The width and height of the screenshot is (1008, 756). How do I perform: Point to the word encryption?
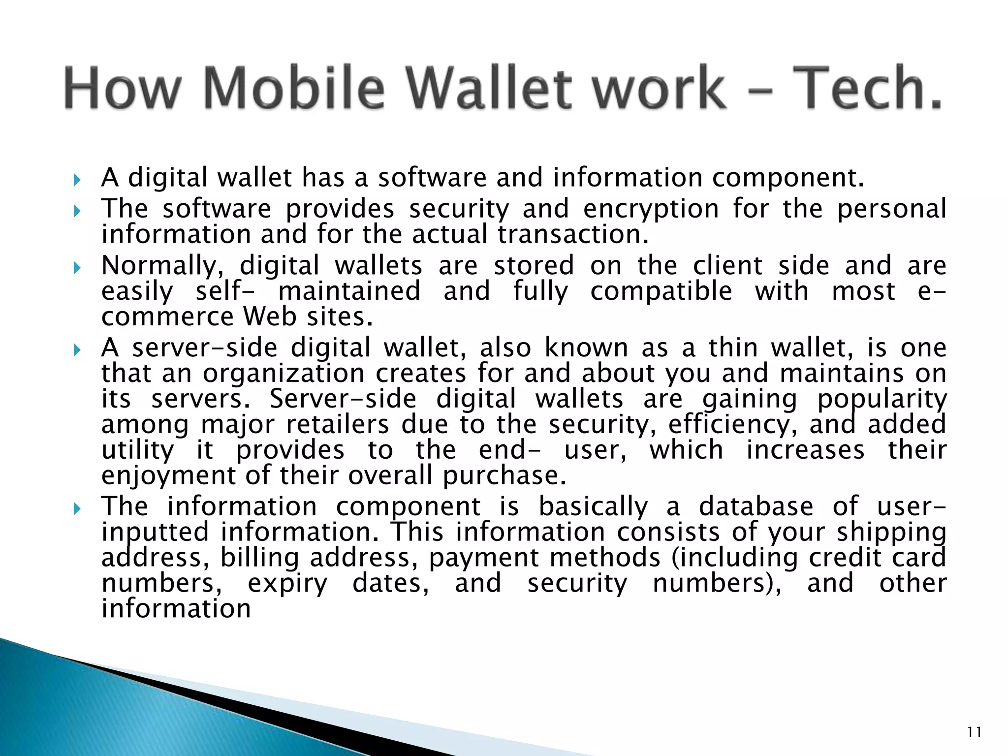(x=651, y=209)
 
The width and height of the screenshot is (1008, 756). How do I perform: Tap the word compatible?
(x=661, y=291)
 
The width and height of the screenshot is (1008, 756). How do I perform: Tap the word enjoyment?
(x=169, y=476)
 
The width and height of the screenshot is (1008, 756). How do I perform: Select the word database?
(x=756, y=507)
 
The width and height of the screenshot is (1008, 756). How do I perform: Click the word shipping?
(x=891, y=533)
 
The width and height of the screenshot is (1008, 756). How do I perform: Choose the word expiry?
(x=287, y=584)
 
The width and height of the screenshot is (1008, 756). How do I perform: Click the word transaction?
(x=573, y=235)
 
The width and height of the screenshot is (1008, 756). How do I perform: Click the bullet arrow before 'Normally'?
(x=77, y=268)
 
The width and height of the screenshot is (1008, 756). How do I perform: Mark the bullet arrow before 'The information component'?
(x=77, y=508)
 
